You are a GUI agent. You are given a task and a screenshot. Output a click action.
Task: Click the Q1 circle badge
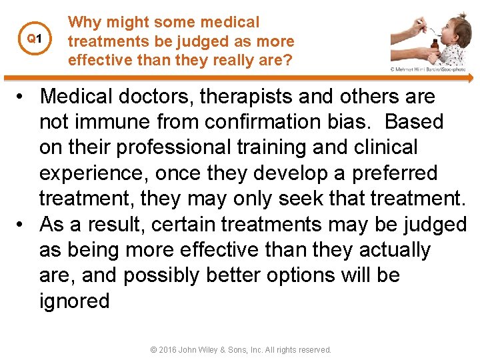[x=33, y=39]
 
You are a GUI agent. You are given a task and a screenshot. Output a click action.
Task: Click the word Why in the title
[x=85, y=22]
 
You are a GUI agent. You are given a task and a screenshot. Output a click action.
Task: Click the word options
[x=290, y=275]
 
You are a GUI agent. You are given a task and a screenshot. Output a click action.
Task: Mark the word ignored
[x=74, y=301]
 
